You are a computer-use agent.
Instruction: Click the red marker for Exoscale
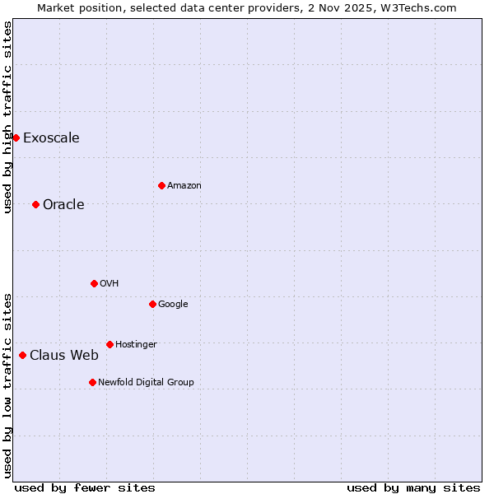coord(16,137)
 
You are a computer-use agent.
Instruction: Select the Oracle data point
coord(35,204)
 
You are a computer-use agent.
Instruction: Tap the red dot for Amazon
coord(161,185)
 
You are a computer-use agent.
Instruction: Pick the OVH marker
coord(94,283)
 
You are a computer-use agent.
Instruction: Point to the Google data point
coord(152,304)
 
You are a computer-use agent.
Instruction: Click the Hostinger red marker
coord(110,344)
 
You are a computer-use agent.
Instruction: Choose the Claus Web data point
coord(22,355)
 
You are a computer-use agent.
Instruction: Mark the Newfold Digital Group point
coord(92,382)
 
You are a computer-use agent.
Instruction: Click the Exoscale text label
coord(51,137)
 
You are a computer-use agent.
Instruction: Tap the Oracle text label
coord(63,204)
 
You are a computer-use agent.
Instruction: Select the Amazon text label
coord(184,185)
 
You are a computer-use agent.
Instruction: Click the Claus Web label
coord(64,355)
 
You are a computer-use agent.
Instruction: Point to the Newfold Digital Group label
coord(147,382)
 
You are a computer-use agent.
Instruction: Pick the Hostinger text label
coord(136,344)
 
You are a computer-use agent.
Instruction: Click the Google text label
coord(173,304)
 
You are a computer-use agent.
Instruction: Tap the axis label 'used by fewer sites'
coord(85,487)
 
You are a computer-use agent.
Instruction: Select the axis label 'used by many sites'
coord(413,487)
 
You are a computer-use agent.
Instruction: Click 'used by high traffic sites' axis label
coord(7,117)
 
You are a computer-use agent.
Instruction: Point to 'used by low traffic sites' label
coord(7,385)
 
